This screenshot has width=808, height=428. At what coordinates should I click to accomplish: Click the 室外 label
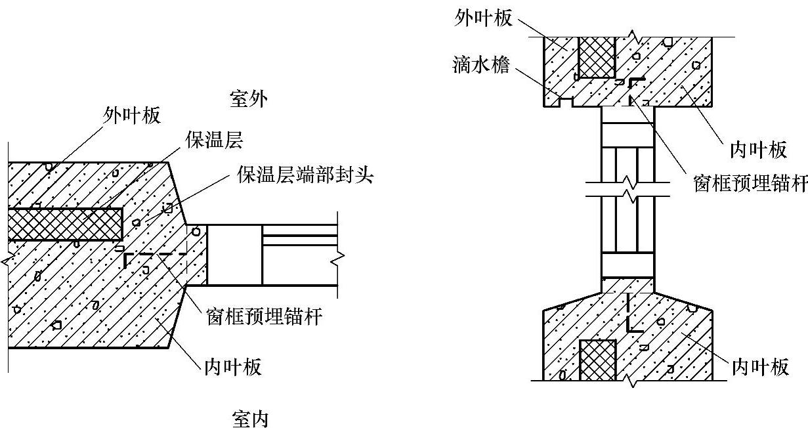point(249,99)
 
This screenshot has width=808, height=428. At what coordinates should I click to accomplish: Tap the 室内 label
point(250,418)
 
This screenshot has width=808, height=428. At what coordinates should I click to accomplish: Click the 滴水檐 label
point(480,65)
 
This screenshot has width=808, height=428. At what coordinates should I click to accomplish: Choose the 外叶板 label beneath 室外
point(133,116)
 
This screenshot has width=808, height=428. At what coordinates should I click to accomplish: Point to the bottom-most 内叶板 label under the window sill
point(760,367)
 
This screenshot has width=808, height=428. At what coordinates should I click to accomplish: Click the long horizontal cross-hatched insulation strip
point(66,223)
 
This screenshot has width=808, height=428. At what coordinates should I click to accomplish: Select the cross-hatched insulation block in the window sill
point(597,360)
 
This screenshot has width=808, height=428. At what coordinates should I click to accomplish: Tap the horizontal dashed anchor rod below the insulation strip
point(154,255)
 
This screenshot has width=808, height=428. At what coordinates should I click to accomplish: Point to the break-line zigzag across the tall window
point(628,188)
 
